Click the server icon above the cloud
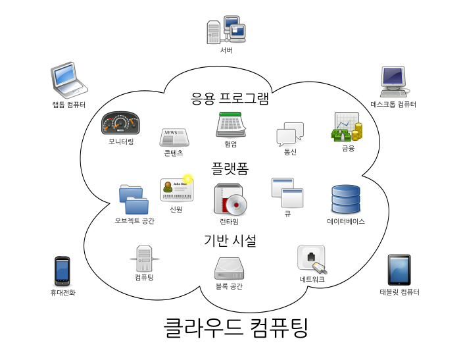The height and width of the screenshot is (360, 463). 226,30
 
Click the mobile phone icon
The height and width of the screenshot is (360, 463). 62,270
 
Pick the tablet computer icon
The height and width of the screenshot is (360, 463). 399,270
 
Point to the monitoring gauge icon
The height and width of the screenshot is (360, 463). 120,123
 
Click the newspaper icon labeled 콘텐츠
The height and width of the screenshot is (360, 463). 174,137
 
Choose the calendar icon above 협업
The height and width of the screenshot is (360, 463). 231,124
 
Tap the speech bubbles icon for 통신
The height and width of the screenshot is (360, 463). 290,134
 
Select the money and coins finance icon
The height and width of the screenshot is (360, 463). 347,127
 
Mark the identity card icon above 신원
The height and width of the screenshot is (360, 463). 176,190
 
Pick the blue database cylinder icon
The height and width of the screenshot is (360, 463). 346,199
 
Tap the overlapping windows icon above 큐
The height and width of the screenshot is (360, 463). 287,193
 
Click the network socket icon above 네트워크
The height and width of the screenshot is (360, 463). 311,259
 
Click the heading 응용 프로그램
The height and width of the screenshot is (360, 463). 230,99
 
